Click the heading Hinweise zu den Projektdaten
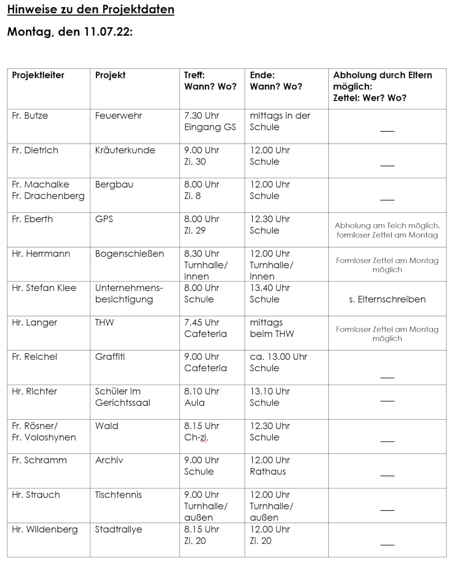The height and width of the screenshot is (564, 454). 90,9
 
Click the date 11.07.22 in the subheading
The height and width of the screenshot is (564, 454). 108,31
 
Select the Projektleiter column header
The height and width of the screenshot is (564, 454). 38,75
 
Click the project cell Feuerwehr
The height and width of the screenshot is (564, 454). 118,116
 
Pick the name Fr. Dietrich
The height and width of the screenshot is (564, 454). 35,150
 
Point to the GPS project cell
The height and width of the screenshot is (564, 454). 104,219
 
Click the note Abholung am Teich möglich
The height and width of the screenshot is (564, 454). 387,226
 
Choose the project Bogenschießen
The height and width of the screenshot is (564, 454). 129,253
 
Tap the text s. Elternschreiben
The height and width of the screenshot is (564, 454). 387,299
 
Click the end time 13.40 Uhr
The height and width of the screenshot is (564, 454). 270,288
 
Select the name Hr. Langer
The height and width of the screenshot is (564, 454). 34,322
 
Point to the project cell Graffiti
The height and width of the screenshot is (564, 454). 110,357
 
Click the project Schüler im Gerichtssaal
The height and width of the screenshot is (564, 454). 122,397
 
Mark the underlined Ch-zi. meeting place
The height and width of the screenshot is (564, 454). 196,437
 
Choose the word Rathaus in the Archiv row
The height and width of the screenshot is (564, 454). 268,472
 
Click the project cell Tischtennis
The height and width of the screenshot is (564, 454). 118,495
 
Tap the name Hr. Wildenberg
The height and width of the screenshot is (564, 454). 45,529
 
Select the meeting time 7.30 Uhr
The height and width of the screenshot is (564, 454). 202,116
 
